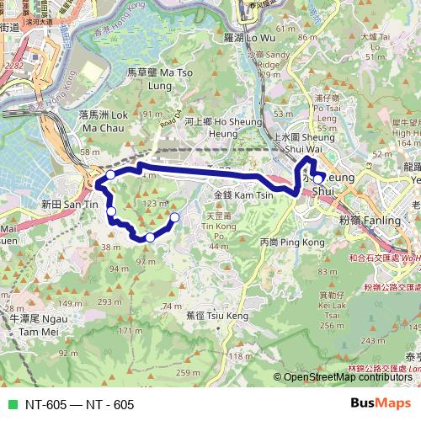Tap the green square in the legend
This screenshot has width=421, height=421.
(10, 404)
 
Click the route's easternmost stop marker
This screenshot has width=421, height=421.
(317, 179)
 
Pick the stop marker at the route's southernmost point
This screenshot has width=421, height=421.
(150, 237)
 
